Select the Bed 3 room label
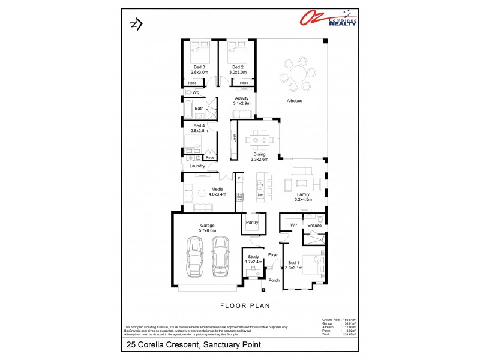[x=199, y=70]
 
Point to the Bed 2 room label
[x=238, y=70]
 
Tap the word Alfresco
[x=294, y=101]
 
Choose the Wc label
[x=196, y=92]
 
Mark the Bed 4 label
[x=199, y=128]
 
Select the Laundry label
[x=197, y=166]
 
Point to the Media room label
[x=217, y=191]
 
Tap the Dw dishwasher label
[x=260, y=195]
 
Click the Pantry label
[x=251, y=222]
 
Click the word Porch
[x=274, y=280]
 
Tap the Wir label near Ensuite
[x=294, y=226]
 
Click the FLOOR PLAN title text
[x=246, y=305]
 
